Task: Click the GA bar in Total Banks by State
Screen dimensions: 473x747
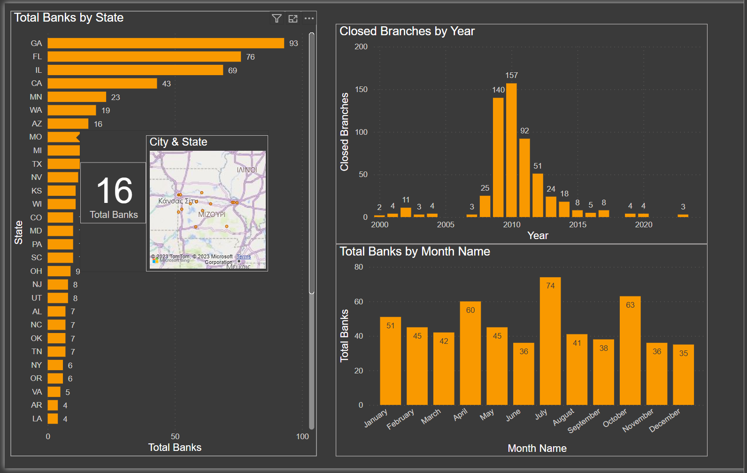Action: pyautogui.click(x=166, y=43)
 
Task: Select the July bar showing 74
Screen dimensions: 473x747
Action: pyautogui.click(x=550, y=341)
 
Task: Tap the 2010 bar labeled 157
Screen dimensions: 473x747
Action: pyautogui.click(x=511, y=150)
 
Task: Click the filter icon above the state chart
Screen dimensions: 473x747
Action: pyautogui.click(x=277, y=18)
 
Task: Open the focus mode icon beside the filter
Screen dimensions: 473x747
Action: pyautogui.click(x=293, y=18)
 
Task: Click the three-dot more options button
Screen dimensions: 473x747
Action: pyautogui.click(x=309, y=18)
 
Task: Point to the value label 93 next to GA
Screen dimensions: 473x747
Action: pyautogui.click(x=293, y=43)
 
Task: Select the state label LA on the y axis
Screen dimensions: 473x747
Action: pyautogui.click(x=37, y=419)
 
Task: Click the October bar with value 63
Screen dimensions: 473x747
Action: pyautogui.click(x=630, y=350)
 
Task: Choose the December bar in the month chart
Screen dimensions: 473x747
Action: pyautogui.click(x=683, y=374)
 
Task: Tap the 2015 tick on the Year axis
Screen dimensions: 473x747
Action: pyautogui.click(x=578, y=225)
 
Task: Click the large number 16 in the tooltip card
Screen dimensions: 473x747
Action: pyautogui.click(x=114, y=191)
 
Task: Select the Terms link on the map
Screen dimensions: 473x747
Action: pyautogui.click(x=244, y=256)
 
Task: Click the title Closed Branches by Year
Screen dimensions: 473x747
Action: pyautogui.click(x=407, y=31)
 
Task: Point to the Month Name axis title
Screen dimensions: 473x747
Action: pyautogui.click(x=537, y=448)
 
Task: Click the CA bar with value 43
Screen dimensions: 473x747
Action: pyautogui.click(x=102, y=84)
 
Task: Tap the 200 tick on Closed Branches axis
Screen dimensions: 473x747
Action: pyautogui.click(x=361, y=47)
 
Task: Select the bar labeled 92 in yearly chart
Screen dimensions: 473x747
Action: pyautogui.click(x=524, y=178)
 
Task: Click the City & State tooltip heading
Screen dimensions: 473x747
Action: pyautogui.click(x=178, y=142)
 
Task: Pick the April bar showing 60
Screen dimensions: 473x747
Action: pyautogui.click(x=470, y=353)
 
